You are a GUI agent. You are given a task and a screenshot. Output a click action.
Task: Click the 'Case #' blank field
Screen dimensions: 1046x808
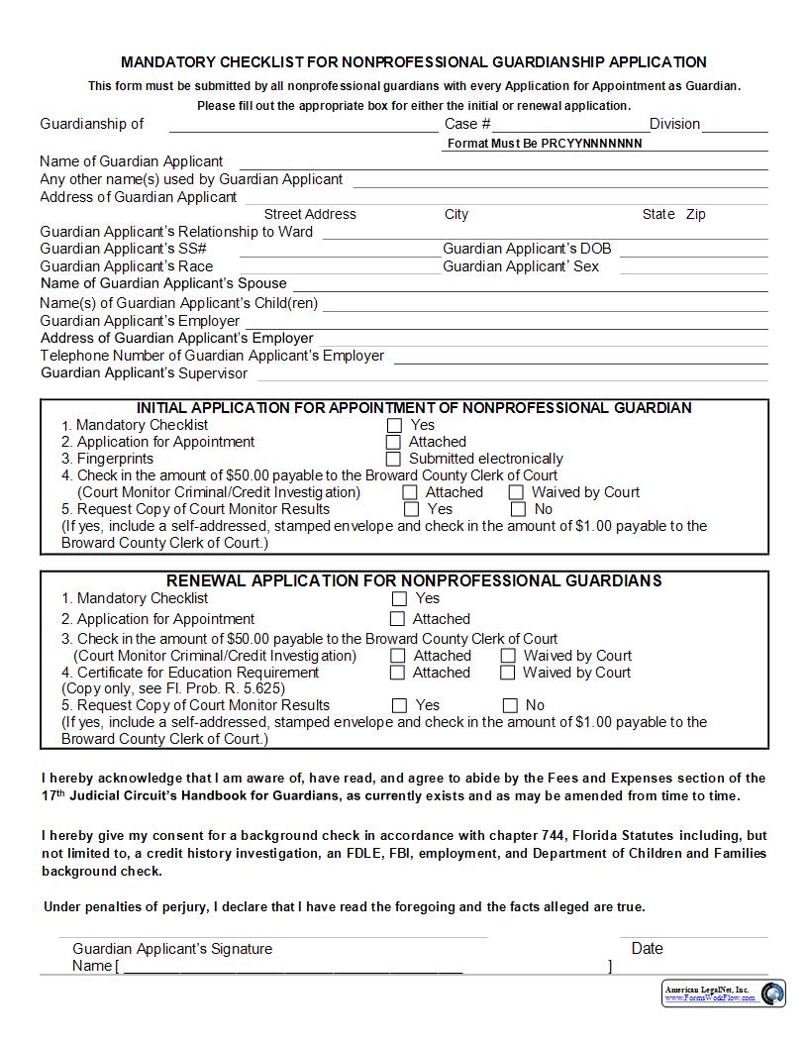[570, 125]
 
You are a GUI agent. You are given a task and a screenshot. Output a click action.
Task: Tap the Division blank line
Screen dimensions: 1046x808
[735, 125]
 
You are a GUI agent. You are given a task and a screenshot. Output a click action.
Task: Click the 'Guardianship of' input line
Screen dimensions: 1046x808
[303, 125]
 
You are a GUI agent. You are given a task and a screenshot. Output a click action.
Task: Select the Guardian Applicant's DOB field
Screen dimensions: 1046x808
[693, 250]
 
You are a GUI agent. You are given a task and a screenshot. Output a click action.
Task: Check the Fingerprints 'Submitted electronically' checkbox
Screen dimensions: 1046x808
[393, 459]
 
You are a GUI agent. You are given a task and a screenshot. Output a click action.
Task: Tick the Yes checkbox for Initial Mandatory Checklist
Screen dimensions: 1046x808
[393, 425]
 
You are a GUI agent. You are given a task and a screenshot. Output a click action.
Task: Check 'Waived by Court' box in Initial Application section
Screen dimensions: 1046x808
[516, 492]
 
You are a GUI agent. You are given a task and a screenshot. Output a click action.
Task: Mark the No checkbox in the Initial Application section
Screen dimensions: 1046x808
[518, 509]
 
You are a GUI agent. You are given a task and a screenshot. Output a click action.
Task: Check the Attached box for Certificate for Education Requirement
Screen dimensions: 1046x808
[397, 673]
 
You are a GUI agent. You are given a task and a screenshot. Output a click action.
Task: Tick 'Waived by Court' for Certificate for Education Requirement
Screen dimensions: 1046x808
[508, 673]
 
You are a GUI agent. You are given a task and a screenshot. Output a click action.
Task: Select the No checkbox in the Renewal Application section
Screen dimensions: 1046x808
[510, 706]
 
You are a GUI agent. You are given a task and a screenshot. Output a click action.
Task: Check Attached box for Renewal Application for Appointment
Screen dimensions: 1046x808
[397, 619]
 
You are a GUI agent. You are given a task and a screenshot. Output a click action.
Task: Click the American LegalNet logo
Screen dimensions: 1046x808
[724, 993]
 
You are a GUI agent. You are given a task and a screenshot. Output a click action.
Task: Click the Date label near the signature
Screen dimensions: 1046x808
[647, 948]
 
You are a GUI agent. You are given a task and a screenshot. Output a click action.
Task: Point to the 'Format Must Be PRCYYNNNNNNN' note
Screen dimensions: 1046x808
[545, 144]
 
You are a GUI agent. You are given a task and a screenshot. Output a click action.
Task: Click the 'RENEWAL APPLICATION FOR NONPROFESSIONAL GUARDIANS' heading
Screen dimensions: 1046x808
[414, 580]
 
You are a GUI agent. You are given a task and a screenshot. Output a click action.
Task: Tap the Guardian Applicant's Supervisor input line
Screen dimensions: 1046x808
[513, 374]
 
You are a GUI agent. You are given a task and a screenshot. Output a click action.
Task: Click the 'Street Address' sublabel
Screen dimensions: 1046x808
[310, 214]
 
